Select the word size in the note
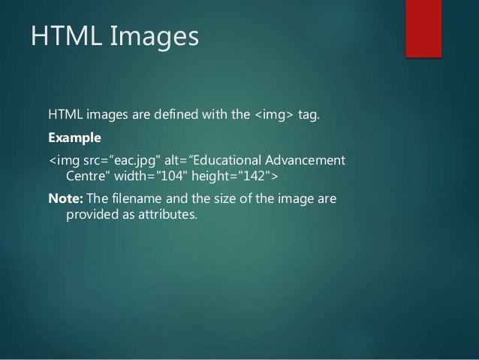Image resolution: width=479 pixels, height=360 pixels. point(223,199)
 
